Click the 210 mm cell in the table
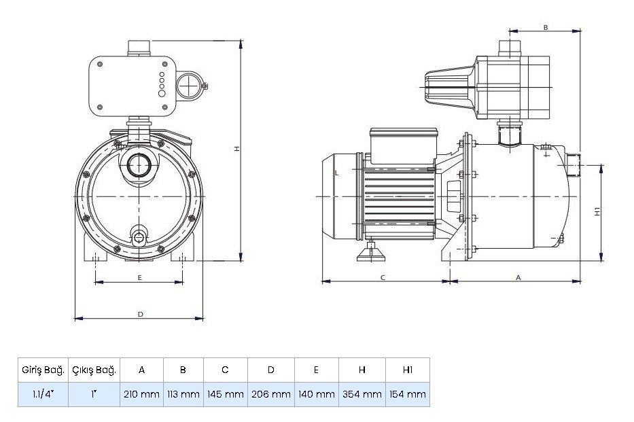(x=141, y=394)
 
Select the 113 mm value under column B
(x=183, y=394)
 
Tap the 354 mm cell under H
(x=362, y=394)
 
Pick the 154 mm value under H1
(x=408, y=394)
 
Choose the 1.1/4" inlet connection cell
(x=43, y=394)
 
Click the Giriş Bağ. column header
(x=43, y=370)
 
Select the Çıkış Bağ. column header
(x=94, y=370)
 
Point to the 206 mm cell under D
(x=270, y=394)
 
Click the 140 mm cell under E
(x=316, y=394)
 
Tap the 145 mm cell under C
(x=225, y=394)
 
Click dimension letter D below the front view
(x=140, y=314)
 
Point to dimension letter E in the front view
(x=139, y=278)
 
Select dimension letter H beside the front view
(x=237, y=150)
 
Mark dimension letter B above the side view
(x=545, y=28)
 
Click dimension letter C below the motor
(x=383, y=277)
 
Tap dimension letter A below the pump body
(x=518, y=277)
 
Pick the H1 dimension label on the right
(x=596, y=211)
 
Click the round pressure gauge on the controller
(x=190, y=86)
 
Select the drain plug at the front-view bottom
(x=139, y=237)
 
